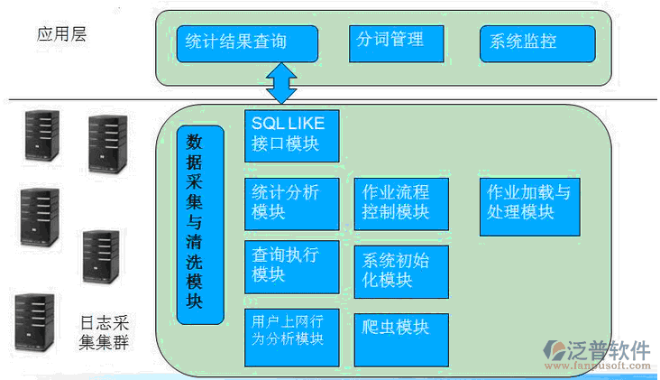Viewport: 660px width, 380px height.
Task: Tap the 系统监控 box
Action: [537, 42]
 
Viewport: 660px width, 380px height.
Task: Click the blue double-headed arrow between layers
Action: [281, 83]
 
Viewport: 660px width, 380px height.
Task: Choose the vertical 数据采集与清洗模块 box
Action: [199, 224]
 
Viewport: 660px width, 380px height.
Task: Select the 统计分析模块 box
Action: [291, 203]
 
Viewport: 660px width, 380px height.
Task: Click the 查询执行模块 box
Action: [291, 265]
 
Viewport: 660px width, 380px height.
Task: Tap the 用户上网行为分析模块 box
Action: [291, 336]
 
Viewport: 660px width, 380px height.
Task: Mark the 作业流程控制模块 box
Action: [400, 203]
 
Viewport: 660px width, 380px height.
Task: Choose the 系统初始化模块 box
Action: [400, 270]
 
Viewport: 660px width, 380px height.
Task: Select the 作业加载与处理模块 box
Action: [529, 205]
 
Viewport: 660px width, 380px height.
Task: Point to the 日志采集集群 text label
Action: [105, 333]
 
